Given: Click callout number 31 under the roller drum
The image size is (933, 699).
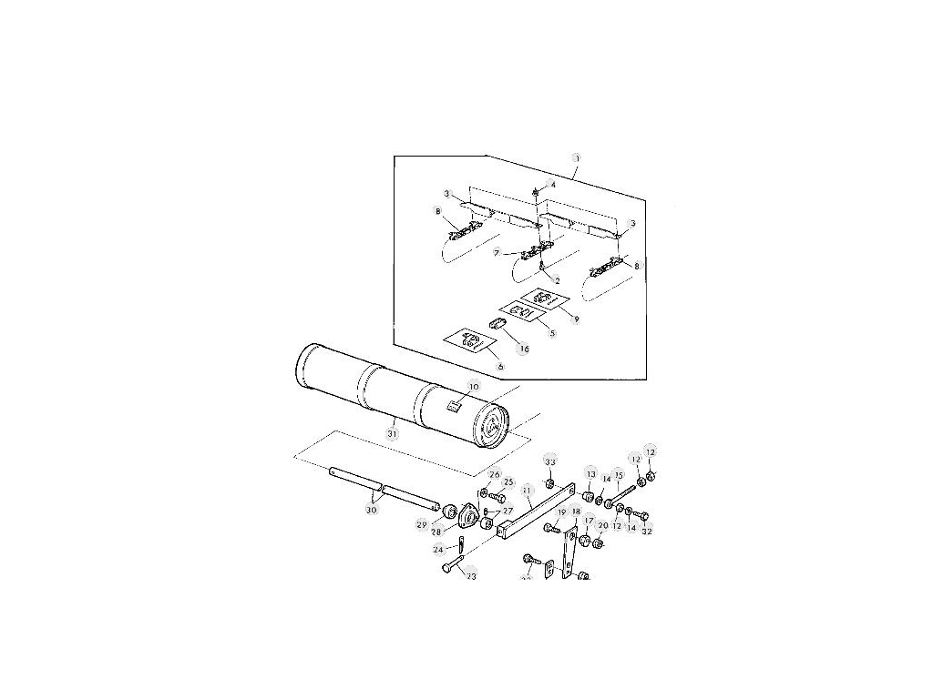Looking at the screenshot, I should coord(392,434).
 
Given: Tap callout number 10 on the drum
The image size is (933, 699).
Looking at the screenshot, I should coord(472,387).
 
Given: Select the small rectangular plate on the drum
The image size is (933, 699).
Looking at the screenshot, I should coord(453,407).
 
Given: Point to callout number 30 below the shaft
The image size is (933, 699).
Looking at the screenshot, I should coord(371,510).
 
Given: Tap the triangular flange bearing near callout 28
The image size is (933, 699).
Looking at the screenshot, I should coord(469,515).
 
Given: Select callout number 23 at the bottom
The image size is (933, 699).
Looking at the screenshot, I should coord(471,575).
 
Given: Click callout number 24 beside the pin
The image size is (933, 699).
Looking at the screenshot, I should coord(438,550).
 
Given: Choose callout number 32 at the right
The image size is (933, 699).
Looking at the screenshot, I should coord(646,531).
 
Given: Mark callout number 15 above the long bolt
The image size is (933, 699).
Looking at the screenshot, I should coord(619,474).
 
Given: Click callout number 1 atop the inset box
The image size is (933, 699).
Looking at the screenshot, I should coord(576,157).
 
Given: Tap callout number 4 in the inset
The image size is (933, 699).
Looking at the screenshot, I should coord(552,185).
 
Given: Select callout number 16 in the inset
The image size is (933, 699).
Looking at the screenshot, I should coord(523,348).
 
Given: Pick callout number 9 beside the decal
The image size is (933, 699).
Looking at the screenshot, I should coord(575,319).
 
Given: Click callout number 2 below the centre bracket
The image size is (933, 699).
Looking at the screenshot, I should coord(557,280).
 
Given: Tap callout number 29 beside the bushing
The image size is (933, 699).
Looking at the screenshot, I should coord(422,524).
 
